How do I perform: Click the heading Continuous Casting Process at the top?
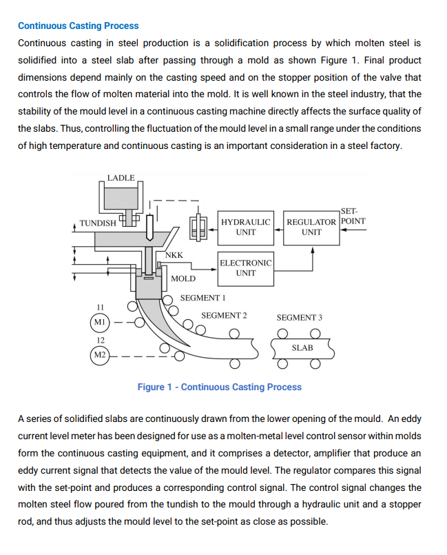pyautogui.click(x=78, y=26)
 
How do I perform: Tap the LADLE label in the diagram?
pyautogui.click(x=121, y=178)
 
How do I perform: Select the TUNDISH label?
pyautogui.click(x=98, y=223)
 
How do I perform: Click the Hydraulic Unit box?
pyautogui.click(x=245, y=227)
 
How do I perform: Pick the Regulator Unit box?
pyautogui.click(x=311, y=227)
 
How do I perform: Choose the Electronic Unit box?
pyautogui.click(x=245, y=268)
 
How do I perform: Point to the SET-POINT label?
pyautogui.click(x=353, y=216)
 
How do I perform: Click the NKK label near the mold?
pyautogui.click(x=174, y=255)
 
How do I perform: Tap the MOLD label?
pyautogui.click(x=183, y=279)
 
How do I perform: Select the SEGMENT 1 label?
pyautogui.click(x=203, y=298)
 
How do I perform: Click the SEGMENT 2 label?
pyautogui.click(x=224, y=316)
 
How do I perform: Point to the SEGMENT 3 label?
pyautogui.click(x=299, y=318)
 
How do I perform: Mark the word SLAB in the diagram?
pyautogui.click(x=302, y=347)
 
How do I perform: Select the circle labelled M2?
pyautogui.click(x=100, y=356)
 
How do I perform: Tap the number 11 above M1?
pyautogui.click(x=100, y=307)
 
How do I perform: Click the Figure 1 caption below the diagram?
pyautogui.click(x=219, y=387)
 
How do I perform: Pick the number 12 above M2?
pyautogui.click(x=100, y=341)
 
